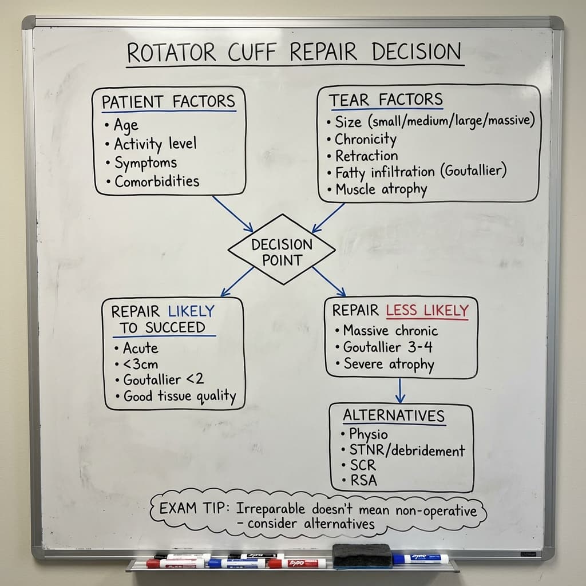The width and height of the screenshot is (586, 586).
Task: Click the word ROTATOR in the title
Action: coord(171,53)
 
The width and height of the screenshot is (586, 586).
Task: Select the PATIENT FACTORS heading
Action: coord(168,102)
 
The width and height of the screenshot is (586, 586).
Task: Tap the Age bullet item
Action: coord(125,124)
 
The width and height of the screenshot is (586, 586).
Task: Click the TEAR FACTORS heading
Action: coord(385,100)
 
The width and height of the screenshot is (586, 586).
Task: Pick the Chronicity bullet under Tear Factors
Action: coord(365,139)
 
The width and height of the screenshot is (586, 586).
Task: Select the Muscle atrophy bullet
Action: coord(381,189)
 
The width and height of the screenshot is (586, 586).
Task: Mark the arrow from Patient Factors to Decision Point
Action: coord(233,214)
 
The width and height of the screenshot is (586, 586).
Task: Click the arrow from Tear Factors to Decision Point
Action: coord(328,218)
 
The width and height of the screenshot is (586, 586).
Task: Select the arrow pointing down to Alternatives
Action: coord(401,390)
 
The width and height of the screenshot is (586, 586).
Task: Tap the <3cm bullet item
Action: coord(140,364)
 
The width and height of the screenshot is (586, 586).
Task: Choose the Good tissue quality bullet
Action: coord(179,396)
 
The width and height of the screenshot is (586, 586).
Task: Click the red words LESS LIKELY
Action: coord(427,311)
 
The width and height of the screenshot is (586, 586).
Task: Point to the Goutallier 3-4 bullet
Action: coord(387,347)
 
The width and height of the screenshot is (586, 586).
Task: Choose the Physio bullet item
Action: coord(368,434)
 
